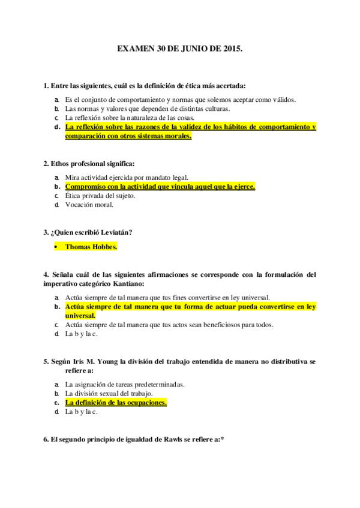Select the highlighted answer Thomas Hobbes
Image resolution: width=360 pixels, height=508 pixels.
point(91,246)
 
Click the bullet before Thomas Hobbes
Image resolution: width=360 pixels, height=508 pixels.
point(56,246)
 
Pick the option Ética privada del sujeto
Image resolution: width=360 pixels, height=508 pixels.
point(100,195)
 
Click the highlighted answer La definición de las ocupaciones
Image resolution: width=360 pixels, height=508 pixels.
point(116,403)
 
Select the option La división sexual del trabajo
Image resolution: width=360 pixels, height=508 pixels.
point(109,393)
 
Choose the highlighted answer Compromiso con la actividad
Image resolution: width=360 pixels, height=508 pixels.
point(160,186)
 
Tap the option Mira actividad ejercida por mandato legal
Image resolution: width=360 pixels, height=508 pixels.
point(127,177)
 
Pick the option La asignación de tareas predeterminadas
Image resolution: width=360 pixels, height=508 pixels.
point(125,384)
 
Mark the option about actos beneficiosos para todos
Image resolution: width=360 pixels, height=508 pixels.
point(169,325)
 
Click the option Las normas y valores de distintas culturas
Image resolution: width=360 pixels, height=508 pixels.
point(148,108)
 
